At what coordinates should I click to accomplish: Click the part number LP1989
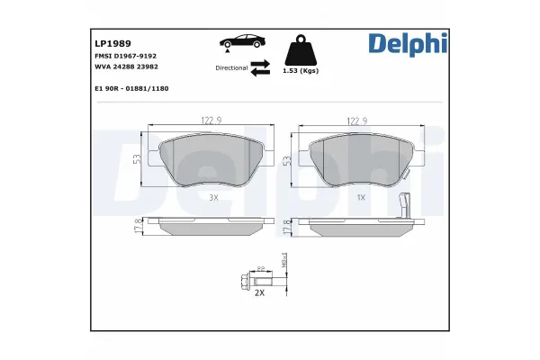pos(112,41)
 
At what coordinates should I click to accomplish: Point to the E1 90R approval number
pos(131,89)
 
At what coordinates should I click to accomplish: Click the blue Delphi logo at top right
pos(407,43)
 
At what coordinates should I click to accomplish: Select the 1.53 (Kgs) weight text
pos(299,71)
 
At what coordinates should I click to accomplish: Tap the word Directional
pos(231,67)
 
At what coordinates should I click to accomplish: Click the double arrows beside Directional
pos(260,67)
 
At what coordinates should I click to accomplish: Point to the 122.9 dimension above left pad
pos(211,120)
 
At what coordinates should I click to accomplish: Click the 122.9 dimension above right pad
pos(359,120)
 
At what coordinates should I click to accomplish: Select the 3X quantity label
pos(213,196)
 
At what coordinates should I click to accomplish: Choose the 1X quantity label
pos(361,196)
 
